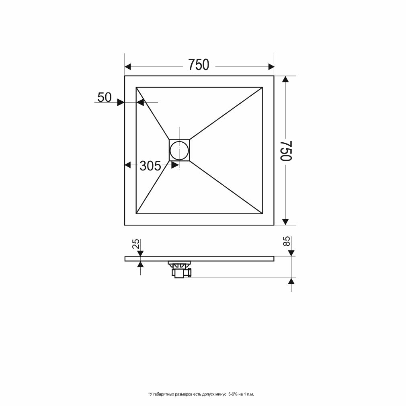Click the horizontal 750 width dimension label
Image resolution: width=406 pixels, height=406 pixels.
click(199, 65)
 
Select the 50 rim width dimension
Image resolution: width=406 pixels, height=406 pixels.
click(104, 97)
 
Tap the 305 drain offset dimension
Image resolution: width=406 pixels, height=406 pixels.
click(150, 166)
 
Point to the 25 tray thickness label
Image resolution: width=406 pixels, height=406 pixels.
click(136, 244)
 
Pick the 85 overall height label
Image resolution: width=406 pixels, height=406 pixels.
click(287, 242)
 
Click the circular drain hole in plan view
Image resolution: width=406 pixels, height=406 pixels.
click(178, 150)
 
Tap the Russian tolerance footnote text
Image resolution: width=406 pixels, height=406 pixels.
click(201, 394)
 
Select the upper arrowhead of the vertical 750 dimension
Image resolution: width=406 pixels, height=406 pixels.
click(285, 80)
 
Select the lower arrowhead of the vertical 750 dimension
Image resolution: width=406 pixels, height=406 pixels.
click(285, 221)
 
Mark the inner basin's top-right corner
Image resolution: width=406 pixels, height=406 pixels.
click(262, 87)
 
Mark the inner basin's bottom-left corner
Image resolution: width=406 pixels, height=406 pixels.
click(137, 214)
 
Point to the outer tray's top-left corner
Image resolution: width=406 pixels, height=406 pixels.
click(125, 76)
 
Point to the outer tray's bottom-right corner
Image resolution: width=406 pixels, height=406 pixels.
click(274, 225)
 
